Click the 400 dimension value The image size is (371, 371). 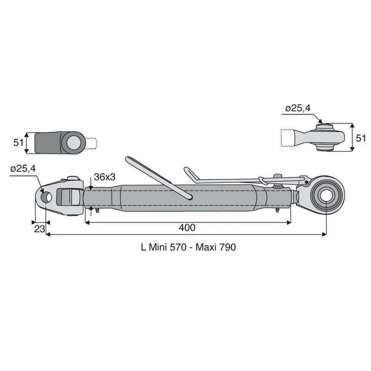pos(187,228)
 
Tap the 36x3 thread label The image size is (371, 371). pos(105,177)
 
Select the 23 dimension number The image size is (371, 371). pos(39,229)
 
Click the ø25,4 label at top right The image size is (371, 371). pos(298,109)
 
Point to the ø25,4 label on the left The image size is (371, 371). pos(23,169)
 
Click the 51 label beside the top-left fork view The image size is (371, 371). pos(19,143)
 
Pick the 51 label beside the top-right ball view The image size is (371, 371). pos(361,138)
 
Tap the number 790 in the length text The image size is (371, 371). pos(228,247)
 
